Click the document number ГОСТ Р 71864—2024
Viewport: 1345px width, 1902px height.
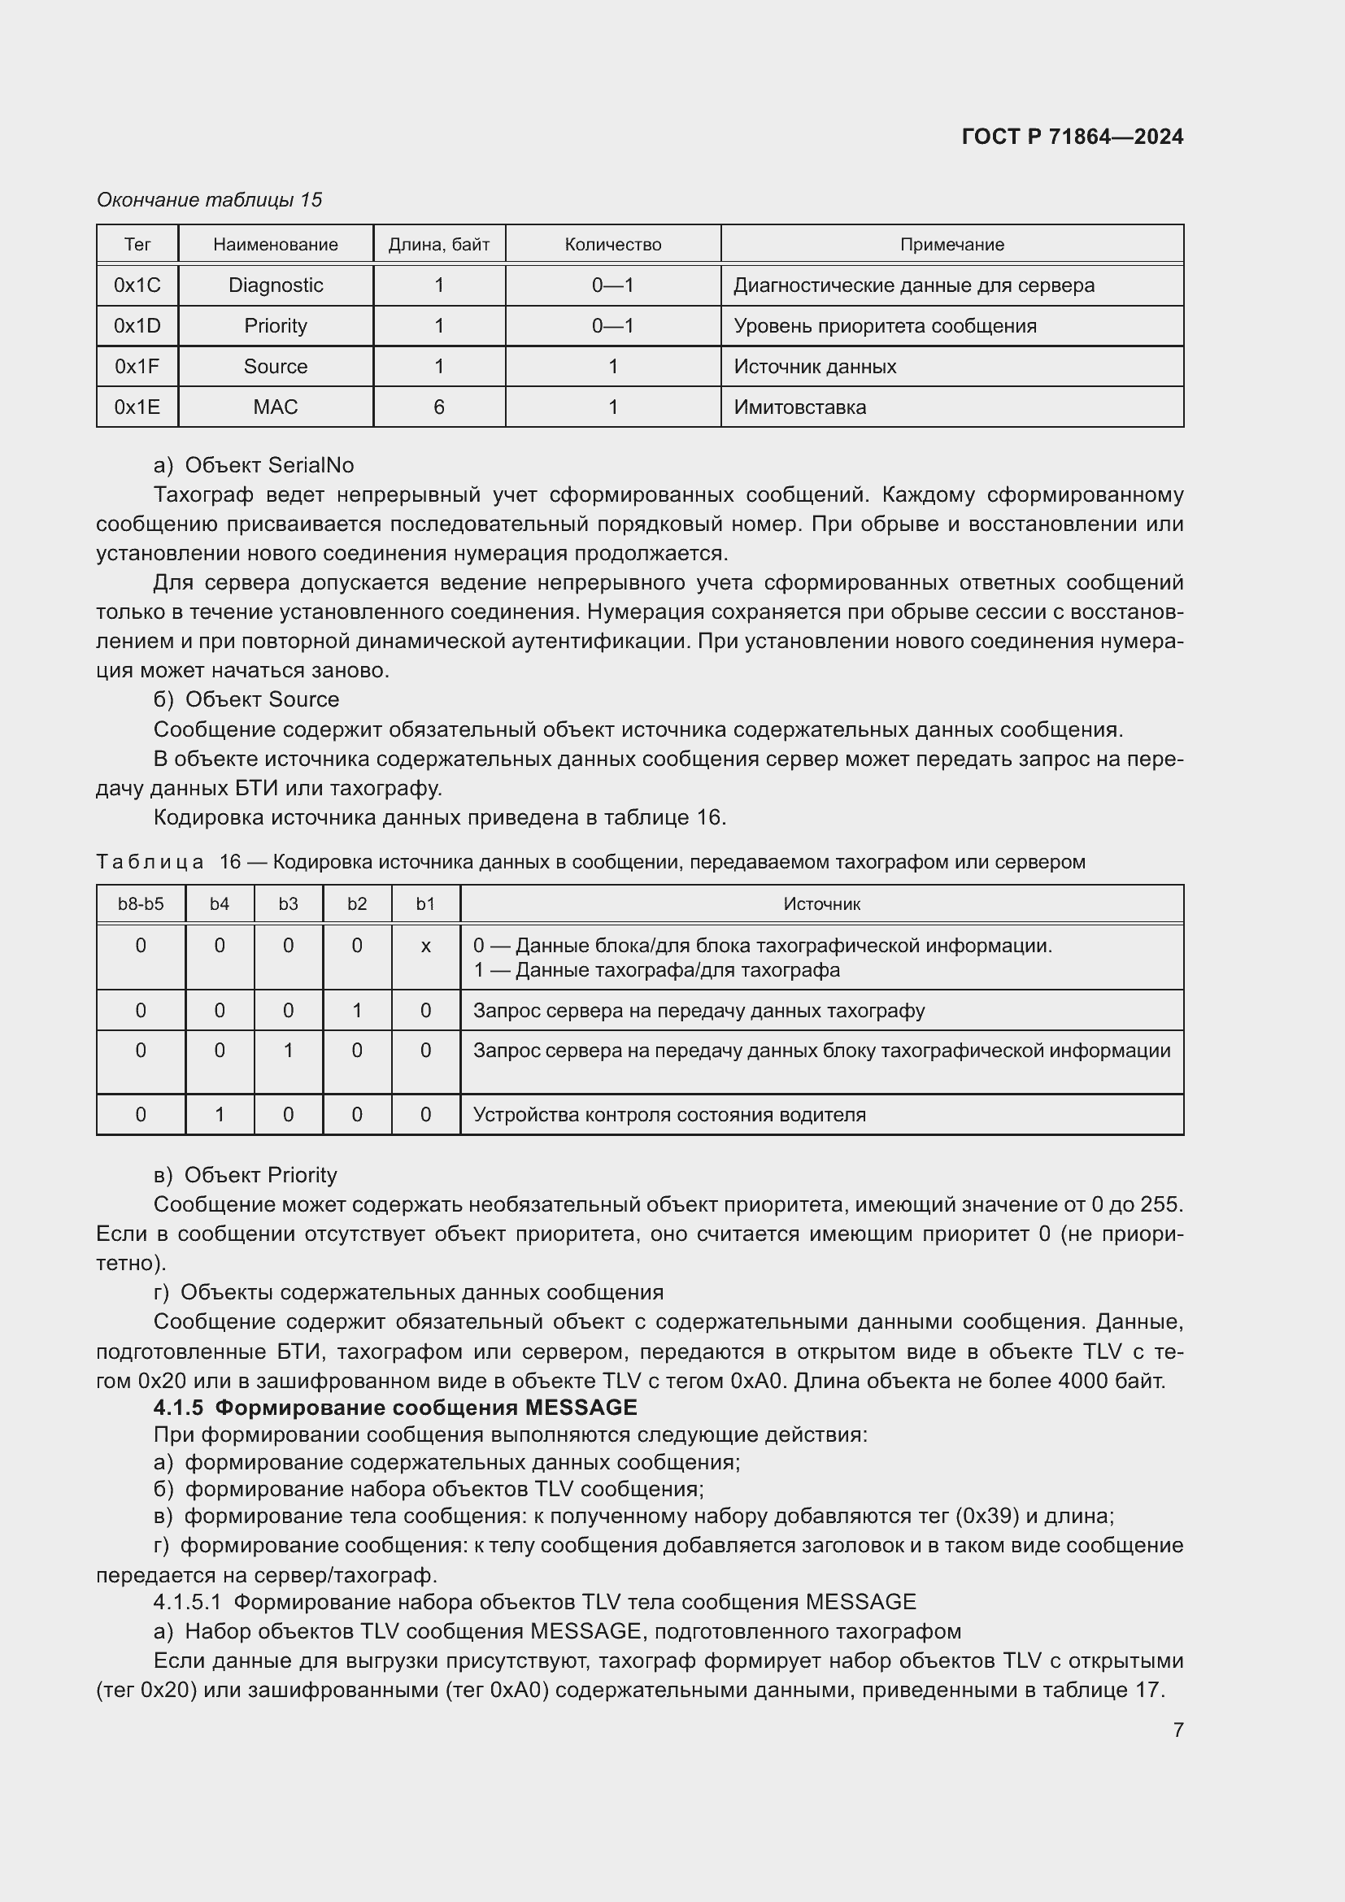(1072, 137)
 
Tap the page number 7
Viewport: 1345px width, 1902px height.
(1177, 1729)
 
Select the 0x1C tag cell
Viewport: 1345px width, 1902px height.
(137, 285)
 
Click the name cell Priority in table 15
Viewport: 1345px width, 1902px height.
(275, 325)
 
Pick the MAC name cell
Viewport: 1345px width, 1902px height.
(275, 407)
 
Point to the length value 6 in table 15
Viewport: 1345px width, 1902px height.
(439, 407)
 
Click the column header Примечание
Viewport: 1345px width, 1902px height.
(951, 245)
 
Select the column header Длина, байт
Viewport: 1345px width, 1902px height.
(439, 245)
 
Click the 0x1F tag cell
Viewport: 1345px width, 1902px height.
(137, 366)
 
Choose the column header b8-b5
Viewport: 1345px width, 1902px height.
(141, 903)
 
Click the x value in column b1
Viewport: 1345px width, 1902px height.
(425, 945)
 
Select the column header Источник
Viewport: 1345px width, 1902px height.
(821, 903)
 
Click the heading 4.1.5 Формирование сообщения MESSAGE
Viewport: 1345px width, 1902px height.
(395, 1408)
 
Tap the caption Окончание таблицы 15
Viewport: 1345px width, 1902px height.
(210, 200)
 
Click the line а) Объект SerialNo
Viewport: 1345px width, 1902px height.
(254, 465)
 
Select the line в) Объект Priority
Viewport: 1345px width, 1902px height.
(245, 1175)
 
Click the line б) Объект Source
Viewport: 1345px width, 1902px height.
(246, 699)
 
